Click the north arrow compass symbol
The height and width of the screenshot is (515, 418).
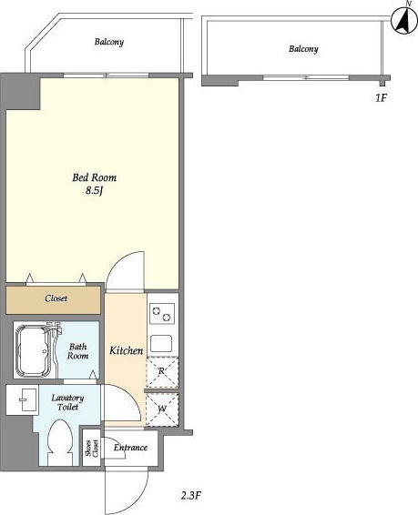pos(404,21)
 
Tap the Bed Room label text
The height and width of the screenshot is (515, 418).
pos(95,177)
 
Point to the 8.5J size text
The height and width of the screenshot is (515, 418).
pos(95,190)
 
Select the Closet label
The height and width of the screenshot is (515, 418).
pos(56,298)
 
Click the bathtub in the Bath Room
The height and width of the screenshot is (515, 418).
pos(35,350)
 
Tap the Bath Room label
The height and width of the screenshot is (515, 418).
pos(78,351)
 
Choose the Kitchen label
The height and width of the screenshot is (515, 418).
pos(127,350)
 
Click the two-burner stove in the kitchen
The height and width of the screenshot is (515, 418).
pos(162,313)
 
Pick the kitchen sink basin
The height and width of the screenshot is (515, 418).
pos(161,343)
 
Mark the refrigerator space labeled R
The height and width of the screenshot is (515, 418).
pos(162,372)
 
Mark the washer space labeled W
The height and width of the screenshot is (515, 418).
pos(162,409)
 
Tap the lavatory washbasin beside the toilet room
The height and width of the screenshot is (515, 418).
pos(23,399)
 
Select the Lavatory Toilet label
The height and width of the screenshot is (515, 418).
pos(67,402)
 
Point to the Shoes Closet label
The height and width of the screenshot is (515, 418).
pos(92,448)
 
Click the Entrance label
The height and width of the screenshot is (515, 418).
pos(130,448)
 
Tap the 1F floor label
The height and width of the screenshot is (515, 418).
pos(381,97)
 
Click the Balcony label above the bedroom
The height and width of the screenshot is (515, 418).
pos(109,42)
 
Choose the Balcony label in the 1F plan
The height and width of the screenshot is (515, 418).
pos(303,49)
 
